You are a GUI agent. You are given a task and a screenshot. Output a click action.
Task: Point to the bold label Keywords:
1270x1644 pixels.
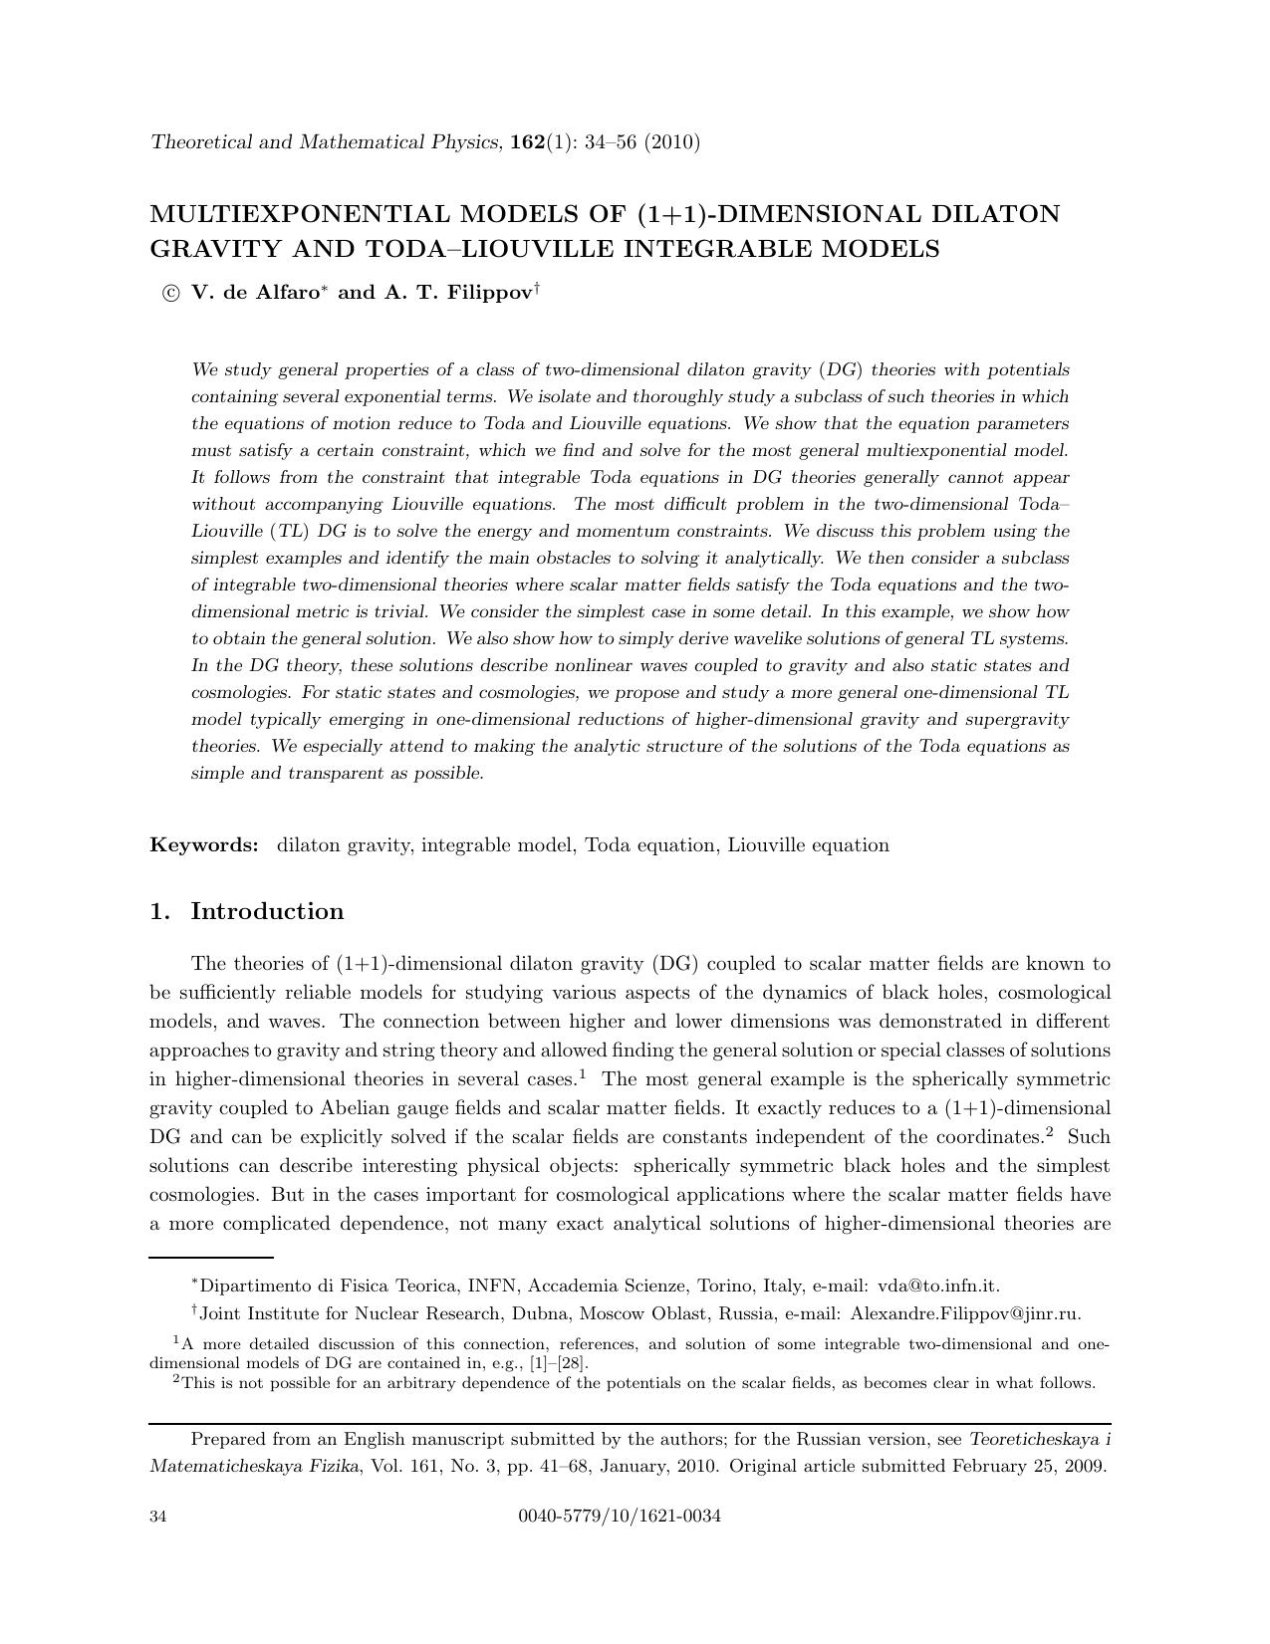pos(204,845)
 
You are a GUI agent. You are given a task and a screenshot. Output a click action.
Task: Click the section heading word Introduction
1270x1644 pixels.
pos(267,911)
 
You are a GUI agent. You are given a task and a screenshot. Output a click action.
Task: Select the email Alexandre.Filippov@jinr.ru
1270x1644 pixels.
pos(965,1313)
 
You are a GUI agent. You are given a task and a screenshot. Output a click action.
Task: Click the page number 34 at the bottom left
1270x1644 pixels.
pos(158,1517)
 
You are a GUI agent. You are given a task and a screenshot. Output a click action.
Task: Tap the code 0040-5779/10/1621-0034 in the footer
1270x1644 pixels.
pos(620,1517)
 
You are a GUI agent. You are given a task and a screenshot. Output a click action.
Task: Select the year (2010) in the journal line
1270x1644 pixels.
pos(672,142)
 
